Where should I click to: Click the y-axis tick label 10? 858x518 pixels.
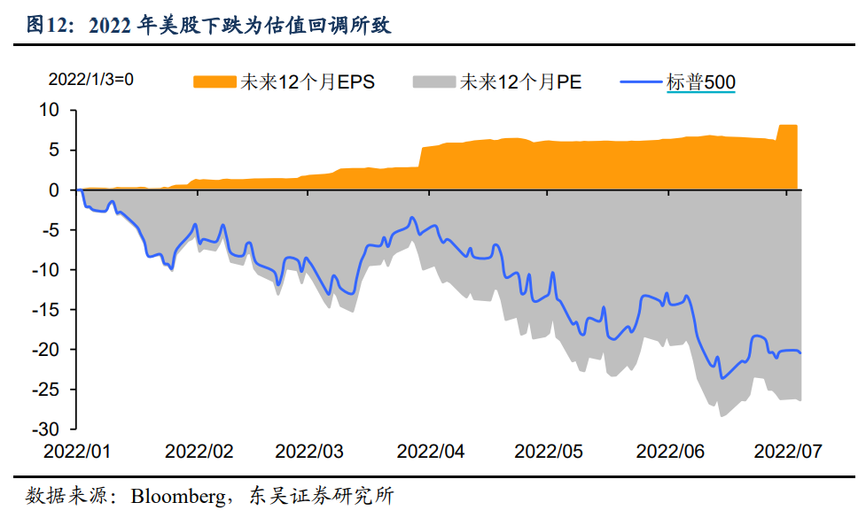click(x=49, y=110)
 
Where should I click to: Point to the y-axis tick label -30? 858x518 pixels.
click(x=45, y=429)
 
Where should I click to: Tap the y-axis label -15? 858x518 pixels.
click(x=45, y=310)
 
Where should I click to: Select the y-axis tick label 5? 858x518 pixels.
click(x=53, y=150)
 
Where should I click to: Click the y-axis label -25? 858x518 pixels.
click(x=45, y=390)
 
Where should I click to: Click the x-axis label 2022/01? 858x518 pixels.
click(x=77, y=452)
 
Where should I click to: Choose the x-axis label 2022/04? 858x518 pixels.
click(x=431, y=452)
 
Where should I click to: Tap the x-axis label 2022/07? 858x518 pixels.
click(x=788, y=452)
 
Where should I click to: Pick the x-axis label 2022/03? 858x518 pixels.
click(x=309, y=452)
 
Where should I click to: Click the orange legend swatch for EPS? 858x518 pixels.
click(x=214, y=82)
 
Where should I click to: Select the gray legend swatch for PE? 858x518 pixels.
click(x=434, y=82)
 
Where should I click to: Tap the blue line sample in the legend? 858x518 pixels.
click(x=641, y=82)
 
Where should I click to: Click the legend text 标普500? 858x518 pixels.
click(x=701, y=82)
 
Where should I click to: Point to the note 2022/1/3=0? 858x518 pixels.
click(x=90, y=80)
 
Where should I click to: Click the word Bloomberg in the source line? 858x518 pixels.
click(x=178, y=496)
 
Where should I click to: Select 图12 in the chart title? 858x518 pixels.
click(x=50, y=25)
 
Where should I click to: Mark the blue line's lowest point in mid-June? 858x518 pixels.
click(x=722, y=378)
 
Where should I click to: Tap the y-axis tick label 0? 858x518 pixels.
click(x=53, y=190)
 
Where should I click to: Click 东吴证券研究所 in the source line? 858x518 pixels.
click(x=321, y=496)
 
